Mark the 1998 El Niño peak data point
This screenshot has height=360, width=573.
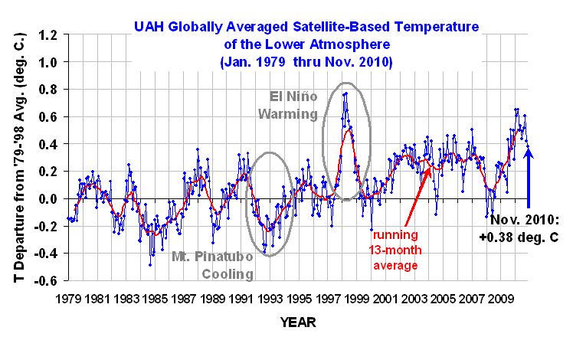tap(346, 93)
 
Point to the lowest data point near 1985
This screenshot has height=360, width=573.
tap(150, 265)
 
